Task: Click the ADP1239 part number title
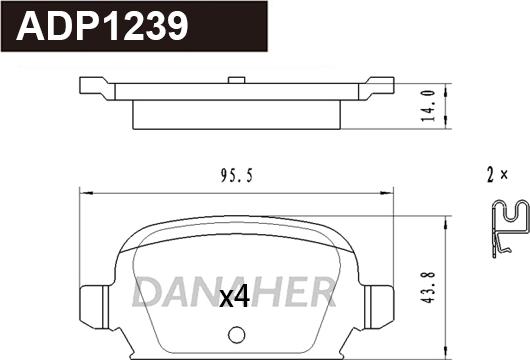click(x=102, y=26)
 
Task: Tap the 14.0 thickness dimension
click(x=428, y=105)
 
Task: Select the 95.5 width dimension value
click(x=237, y=176)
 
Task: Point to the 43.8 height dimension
click(x=429, y=287)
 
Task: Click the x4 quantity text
click(x=235, y=296)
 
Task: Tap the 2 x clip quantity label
click(x=497, y=175)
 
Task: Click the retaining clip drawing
click(x=510, y=228)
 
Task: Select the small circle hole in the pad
click(x=236, y=335)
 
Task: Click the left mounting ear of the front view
click(x=94, y=307)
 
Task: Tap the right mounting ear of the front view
click(x=379, y=307)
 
